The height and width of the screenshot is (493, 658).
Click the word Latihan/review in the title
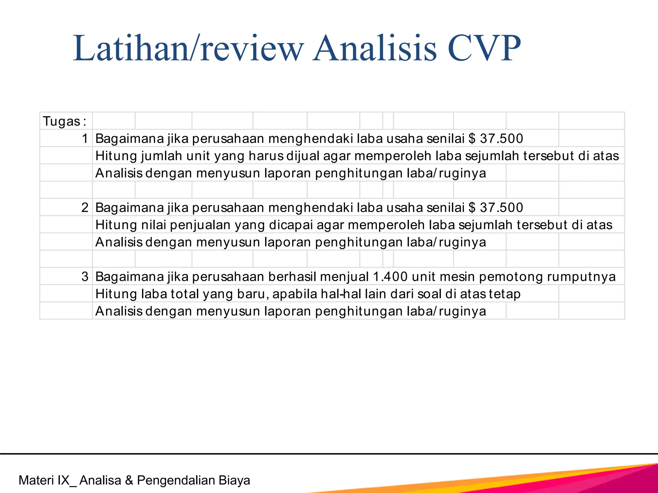coord(188,48)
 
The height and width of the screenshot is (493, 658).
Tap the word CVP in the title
coord(484,48)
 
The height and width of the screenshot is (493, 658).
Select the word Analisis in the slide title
coord(375,48)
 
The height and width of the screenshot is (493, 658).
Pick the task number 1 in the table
coord(85,139)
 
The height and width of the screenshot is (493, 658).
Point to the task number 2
coord(85,208)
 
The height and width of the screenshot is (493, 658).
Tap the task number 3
coord(85,277)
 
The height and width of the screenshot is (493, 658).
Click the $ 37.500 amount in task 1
coord(496,139)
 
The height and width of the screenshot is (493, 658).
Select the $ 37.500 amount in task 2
coord(496,208)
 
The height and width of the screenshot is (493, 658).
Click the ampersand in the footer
coord(129,480)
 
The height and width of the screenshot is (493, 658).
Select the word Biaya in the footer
coord(234,480)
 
